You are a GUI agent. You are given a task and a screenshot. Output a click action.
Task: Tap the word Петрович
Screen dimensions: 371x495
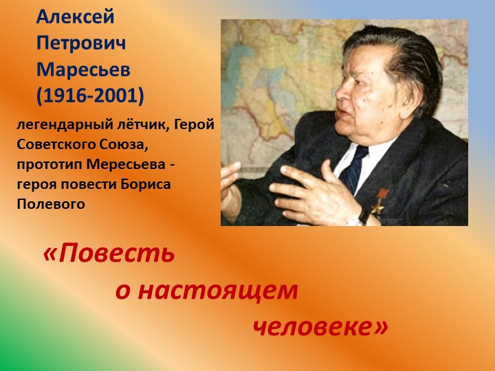[x=81, y=43]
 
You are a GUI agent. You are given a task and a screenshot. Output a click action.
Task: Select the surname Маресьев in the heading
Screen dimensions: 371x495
[x=82, y=69]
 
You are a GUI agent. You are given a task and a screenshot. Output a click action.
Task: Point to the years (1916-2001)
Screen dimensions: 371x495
[x=90, y=96]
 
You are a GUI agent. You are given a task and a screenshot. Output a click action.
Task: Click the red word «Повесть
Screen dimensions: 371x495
[x=109, y=254]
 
